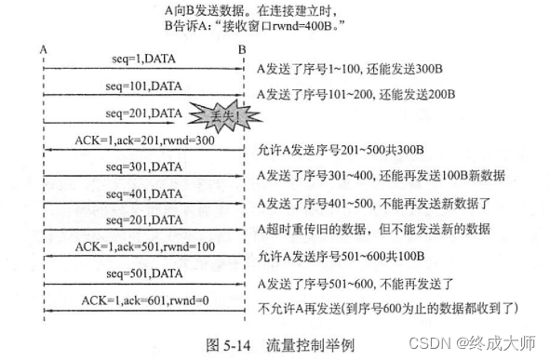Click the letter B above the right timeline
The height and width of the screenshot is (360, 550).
241,47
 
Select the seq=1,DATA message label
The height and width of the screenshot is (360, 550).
142,59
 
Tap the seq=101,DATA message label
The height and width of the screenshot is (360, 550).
142,86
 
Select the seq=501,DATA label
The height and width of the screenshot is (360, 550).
142,274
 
